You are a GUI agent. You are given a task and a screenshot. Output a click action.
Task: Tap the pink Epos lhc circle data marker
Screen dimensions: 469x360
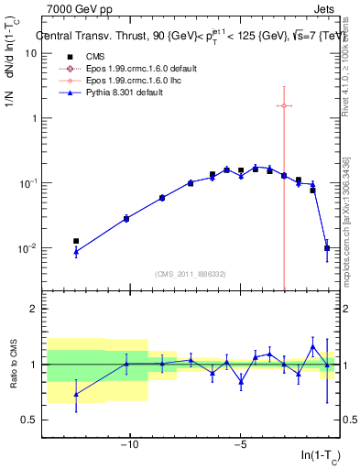point(284,106)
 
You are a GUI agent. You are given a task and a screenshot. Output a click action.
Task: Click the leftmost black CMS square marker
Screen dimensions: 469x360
point(76,241)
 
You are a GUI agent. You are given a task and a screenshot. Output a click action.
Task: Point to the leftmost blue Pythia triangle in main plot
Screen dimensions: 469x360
point(76,252)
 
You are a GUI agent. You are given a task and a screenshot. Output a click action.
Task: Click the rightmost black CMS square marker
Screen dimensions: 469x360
point(327,247)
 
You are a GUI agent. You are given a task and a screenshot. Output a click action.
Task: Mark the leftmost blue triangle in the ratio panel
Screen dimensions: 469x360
point(76,395)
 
